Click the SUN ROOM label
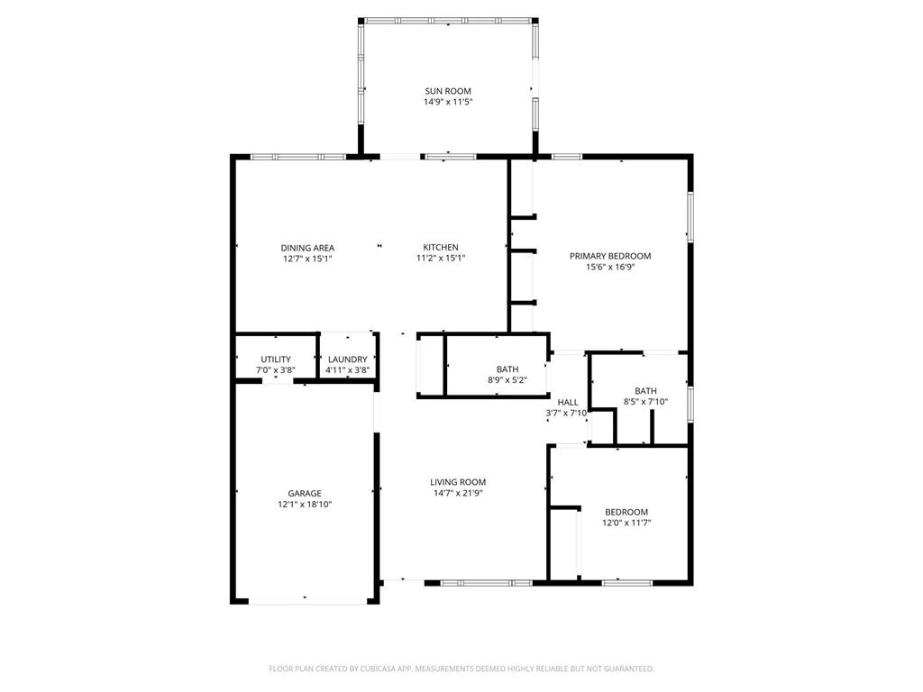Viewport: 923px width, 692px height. [x=448, y=91]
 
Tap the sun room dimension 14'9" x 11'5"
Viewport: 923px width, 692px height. [x=448, y=103]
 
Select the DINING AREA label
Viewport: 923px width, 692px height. [x=307, y=248]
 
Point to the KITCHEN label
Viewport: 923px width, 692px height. [x=441, y=248]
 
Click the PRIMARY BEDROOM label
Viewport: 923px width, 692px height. [x=609, y=256]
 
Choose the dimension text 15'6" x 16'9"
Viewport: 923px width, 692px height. [x=609, y=268]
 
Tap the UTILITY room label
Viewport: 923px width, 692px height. [x=276, y=360]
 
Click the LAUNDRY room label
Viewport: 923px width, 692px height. [x=347, y=360]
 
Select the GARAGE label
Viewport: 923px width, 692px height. [x=305, y=494]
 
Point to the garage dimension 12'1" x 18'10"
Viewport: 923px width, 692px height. [x=305, y=505]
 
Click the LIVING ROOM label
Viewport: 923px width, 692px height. [x=458, y=482]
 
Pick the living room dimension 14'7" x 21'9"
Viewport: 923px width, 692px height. [x=458, y=494]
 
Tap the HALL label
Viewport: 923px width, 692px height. [x=567, y=402]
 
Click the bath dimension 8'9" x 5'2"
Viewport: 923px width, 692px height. [x=507, y=381]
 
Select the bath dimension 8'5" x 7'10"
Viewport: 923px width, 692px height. [x=645, y=402]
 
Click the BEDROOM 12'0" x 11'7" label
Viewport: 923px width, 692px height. [x=626, y=512]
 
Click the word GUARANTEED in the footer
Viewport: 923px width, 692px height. [x=626, y=669]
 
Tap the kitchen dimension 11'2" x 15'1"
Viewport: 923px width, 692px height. [x=441, y=259]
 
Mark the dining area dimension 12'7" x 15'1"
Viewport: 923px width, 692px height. [x=307, y=259]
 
